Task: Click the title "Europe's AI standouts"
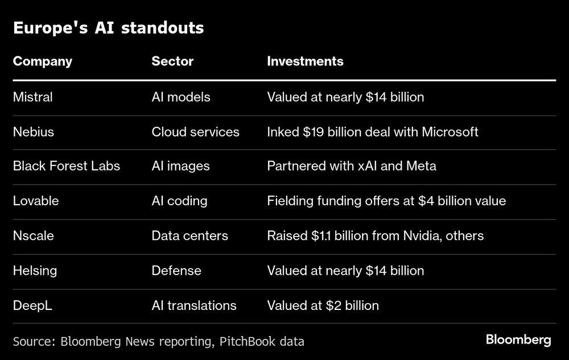[x=108, y=28]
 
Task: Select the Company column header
[x=43, y=61]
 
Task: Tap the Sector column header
[x=172, y=61]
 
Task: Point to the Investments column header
[x=305, y=61]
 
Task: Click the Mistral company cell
[x=32, y=97]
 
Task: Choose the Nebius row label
[x=33, y=132]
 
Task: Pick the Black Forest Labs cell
[x=66, y=167]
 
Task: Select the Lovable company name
[x=36, y=201]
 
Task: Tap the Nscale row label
[x=34, y=236]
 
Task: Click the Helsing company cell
[x=35, y=271]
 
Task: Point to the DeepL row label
[x=32, y=305]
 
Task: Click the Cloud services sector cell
[x=195, y=132]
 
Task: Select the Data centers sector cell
[x=189, y=236]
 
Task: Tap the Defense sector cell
[x=176, y=271]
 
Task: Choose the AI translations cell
[x=193, y=305]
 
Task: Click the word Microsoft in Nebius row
[x=450, y=132]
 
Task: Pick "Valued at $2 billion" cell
[x=323, y=305]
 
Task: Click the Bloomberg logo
[x=518, y=340]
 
